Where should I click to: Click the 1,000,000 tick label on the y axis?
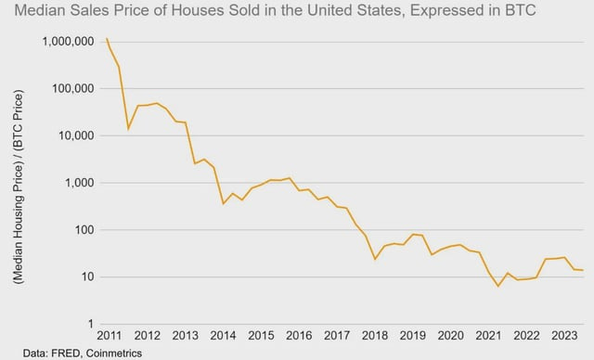pos(68,42)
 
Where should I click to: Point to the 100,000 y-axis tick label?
pos(73,89)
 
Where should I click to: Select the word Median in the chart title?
pos(34,13)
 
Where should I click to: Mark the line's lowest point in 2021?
pos(498,286)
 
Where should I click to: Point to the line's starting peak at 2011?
pos(107,39)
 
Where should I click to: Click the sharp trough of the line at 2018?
pos(375,259)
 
